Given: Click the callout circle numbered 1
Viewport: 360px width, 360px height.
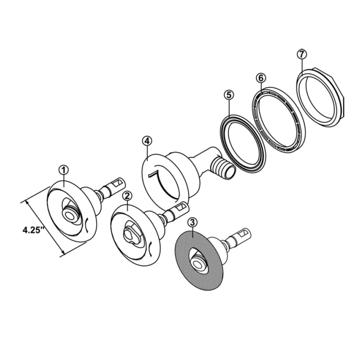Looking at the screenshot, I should point(64,170).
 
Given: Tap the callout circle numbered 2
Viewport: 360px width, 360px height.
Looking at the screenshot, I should point(127,195).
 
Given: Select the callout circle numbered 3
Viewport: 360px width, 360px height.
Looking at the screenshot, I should point(192,222).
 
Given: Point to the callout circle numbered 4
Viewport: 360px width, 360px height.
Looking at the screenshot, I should point(147,140).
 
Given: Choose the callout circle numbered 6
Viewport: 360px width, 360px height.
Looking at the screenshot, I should point(260,77).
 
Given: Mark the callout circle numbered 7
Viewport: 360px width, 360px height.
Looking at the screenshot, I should point(301,54).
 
